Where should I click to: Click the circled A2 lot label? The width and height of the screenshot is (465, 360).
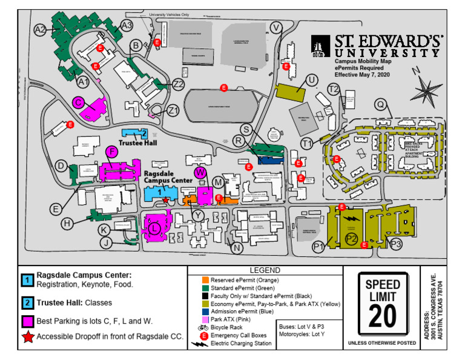pos(41,29)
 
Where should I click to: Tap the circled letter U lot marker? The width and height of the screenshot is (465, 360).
pos(312,80)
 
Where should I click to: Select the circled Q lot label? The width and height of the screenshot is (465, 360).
pos(380,104)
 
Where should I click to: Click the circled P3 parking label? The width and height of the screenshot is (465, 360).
pos(395,244)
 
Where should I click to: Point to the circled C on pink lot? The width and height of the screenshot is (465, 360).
pos(79,102)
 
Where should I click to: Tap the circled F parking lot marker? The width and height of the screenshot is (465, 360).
pos(111,151)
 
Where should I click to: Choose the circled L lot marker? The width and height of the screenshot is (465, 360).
pos(155,228)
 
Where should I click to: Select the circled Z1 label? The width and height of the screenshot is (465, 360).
pos(174,110)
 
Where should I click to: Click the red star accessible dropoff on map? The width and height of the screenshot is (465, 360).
pos(165,199)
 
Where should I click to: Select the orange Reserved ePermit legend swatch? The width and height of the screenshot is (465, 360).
pos(205,279)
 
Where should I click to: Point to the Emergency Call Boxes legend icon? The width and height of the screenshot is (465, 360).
pos(205,335)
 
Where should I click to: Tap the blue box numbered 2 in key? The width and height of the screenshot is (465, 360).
pos(27,302)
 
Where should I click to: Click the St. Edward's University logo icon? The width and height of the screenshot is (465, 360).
pos(320,46)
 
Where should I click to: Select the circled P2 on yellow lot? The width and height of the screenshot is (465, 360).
pos(352,239)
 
